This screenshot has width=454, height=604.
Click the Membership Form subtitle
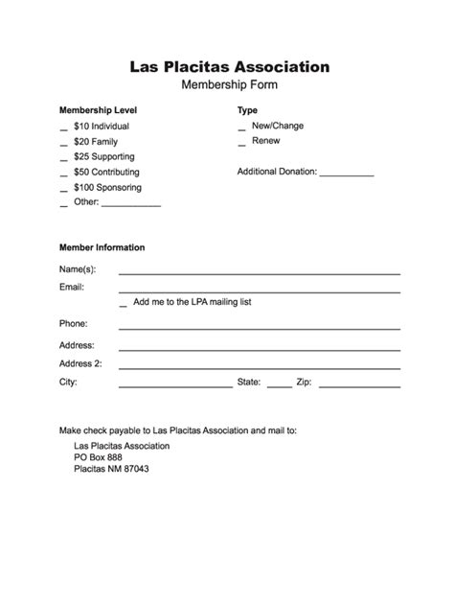coord(230,86)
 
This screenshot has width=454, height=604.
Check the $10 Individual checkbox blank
coord(63,128)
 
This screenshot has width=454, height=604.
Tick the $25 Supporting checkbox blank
coord(63,159)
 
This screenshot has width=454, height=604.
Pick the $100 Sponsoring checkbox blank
coord(63,190)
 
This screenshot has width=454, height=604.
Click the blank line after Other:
coord(130,205)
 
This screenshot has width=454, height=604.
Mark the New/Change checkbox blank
coord(241,128)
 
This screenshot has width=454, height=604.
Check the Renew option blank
coord(241,144)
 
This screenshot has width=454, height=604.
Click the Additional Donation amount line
coord(346,174)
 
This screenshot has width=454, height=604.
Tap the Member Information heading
coord(102,247)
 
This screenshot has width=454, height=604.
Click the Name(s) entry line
coord(259,272)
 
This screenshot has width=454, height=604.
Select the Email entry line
coord(259,290)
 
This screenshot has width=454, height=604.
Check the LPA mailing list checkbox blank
coord(123,305)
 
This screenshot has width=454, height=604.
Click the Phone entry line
coord(259,328)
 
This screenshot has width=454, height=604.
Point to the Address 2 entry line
coord(259,366)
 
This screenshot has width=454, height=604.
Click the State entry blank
coord(279,385)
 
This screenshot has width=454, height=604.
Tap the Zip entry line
coord(359,385)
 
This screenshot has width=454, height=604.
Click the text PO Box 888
coord(98,457)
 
